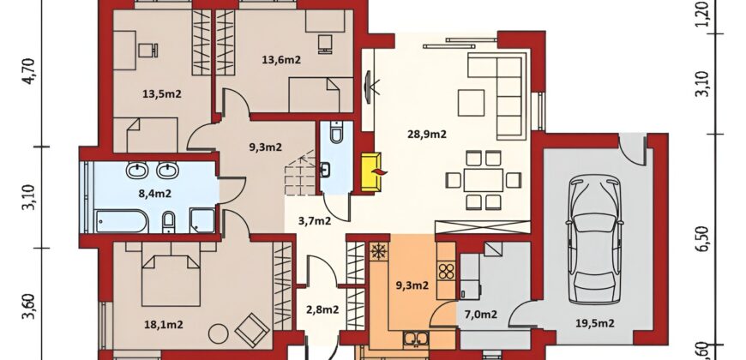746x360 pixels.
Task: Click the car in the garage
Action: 595,239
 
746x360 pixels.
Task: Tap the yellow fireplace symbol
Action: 371,171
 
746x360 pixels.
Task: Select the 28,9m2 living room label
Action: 427,134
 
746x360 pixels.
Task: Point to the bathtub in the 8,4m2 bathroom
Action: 120,222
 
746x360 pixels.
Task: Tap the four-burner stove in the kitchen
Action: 447,272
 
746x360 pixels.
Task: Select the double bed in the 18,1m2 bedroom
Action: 171,275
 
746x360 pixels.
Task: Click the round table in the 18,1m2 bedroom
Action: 219,333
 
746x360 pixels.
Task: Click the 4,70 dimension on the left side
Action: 29,71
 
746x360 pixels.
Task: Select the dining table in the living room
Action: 484,180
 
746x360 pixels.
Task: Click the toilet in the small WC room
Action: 336,132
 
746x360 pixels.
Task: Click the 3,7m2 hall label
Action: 315,220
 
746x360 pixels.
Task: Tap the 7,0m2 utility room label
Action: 480,314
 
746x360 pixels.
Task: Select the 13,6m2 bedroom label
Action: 281,59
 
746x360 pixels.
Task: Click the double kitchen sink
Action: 416,339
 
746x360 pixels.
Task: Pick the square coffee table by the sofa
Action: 471,103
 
